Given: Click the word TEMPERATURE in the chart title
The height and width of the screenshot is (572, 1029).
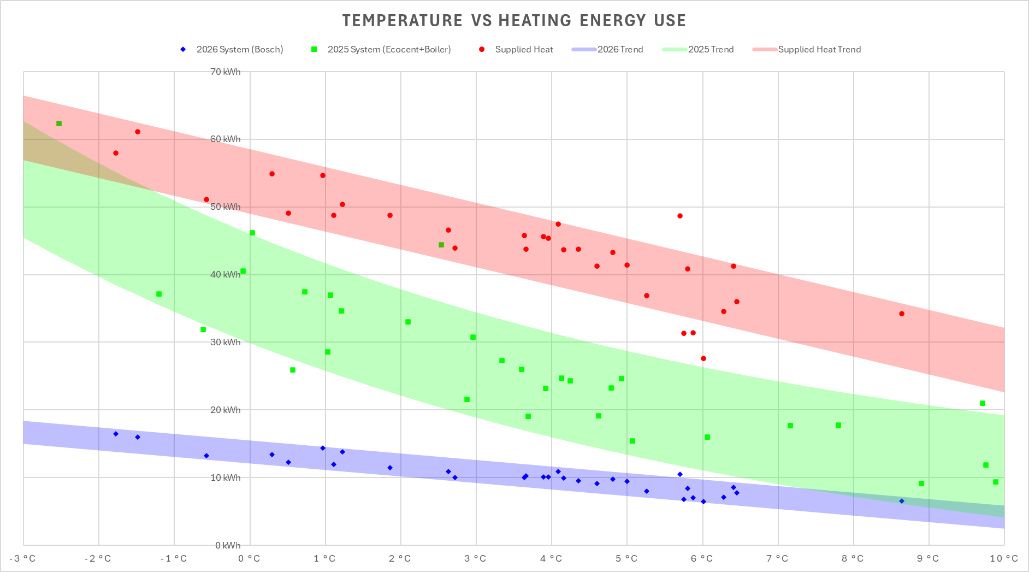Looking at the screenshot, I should [x=402, y=21].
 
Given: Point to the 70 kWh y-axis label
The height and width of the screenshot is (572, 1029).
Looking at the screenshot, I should [x=225, y=72].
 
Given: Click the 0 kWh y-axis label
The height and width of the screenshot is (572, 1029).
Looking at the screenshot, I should [x=228, y=545].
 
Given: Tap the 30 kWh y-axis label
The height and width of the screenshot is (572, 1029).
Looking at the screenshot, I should [x=225, y=342].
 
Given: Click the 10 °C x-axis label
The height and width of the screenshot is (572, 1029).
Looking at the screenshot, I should [x=1004, y=558].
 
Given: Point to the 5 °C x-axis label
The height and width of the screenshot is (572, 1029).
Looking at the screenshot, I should [x=626, y=558].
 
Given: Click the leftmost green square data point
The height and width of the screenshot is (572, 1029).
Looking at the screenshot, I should [x=59, y=123].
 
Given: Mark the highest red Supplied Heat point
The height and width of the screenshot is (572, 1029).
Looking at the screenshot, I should [x=138, y=132].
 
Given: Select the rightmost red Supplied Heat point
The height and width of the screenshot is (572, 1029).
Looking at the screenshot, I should [x=902, y=314].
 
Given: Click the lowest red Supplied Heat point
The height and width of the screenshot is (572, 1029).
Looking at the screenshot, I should [x=703, y=358].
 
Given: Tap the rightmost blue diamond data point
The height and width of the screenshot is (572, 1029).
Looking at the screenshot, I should [x=902, y=501].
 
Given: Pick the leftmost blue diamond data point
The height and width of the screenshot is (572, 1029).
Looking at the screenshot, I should [x=116, y=434].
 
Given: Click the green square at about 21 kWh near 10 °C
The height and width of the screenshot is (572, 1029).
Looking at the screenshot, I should [x=983, y=403].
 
